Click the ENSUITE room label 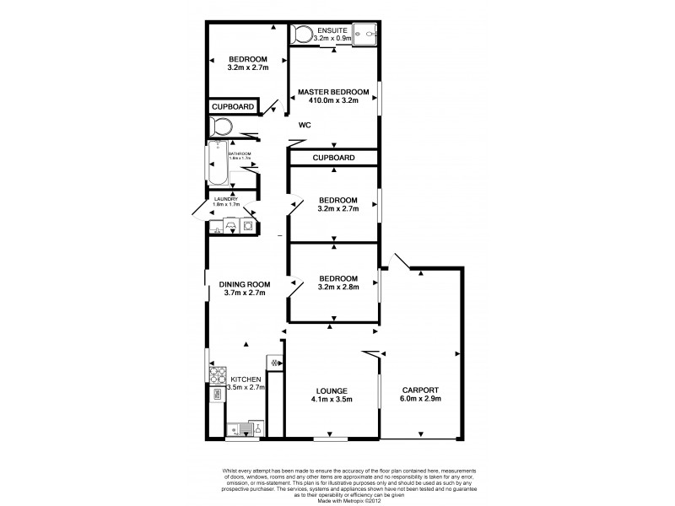tap(332, 30)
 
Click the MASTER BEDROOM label tap(332, 91)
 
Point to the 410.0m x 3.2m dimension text tap(332, 100)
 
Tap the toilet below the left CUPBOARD tap(222, 127)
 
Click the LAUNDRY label tap(227, 199)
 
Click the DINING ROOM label tap(245, 285)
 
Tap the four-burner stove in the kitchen tap(217, 373)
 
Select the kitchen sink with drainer tap(245, 428)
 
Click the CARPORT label tap(419, 390)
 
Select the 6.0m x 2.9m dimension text tap(419, 399)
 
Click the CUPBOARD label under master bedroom tap(332, 159)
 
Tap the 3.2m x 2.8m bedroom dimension tap(337, 287)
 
